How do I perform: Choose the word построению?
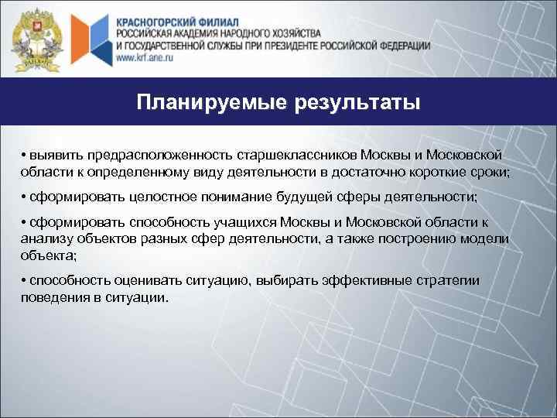coord(413,238)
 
